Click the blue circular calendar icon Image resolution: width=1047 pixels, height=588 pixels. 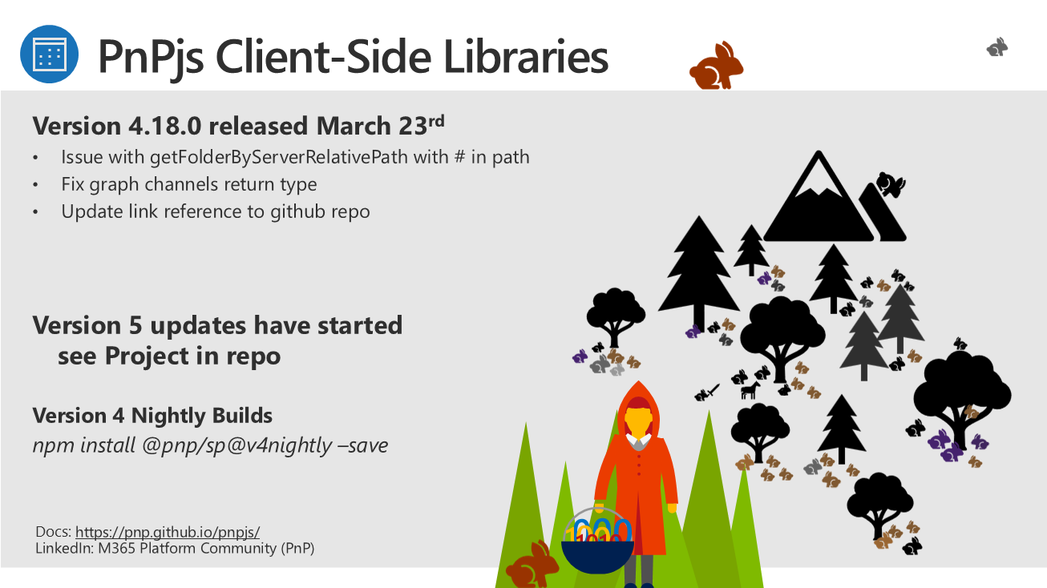tap(49, 54)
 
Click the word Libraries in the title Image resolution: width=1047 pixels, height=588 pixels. tap(526, 57)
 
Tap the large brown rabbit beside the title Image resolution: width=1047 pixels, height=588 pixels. tap(716, 66)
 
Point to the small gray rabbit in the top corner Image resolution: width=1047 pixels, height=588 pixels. tap(997, 47)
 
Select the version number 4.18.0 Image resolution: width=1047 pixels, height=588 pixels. tap(165, 126)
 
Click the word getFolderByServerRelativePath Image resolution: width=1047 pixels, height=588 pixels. tap(279, 157)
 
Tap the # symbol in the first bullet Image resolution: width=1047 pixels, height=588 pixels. tap(460, 157)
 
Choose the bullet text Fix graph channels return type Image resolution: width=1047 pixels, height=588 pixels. tap(189, 184)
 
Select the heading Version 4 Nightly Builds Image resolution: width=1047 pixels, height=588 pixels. tap(152, 416)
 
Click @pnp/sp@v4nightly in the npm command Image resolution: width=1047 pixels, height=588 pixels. tap(237, 445)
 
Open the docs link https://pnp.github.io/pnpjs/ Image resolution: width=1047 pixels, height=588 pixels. tap(168, 532)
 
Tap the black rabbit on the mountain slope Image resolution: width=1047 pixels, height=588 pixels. tap(891, 184)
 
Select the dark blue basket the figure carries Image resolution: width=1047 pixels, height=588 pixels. tap(597, 557)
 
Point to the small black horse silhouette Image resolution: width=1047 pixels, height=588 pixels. tap(750, 390)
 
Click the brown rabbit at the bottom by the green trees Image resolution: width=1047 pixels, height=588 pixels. tap(532, 565)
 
